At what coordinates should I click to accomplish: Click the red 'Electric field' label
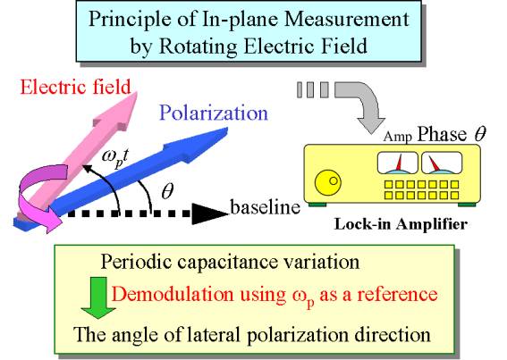(x=76, y=87)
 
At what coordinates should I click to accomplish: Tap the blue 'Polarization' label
(x=214, y=113)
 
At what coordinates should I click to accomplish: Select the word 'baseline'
(x=266, y=207)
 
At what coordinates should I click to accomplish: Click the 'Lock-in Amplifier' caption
(x=401, y=224)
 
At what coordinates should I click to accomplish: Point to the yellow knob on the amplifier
(x=328, y=183)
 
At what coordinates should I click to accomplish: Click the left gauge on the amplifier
(x=397, y=163)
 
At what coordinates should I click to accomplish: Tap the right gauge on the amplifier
(x=442, y=163)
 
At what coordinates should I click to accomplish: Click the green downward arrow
(x=98, y=297)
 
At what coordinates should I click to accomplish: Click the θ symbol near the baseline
(x=167, y=191)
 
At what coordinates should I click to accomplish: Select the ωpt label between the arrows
(x=115, y=158)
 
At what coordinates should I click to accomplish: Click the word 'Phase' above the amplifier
(x=442, y=134)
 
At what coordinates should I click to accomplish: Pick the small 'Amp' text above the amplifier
(x=398, y=137)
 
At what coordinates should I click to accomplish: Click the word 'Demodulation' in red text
(x=173, y=294)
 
